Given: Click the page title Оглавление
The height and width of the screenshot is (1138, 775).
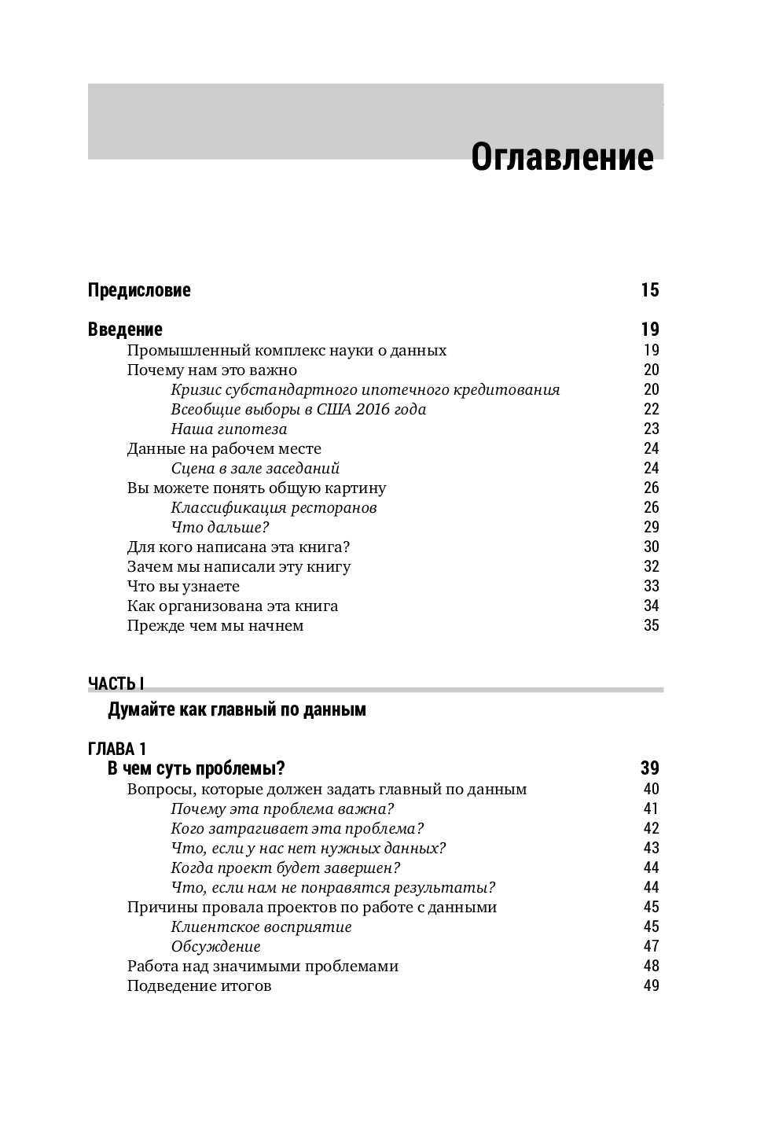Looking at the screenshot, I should tap(561, 157).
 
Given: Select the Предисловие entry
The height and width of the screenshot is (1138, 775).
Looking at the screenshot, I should tap(139, 290).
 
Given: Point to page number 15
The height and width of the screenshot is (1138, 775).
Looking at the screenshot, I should tap(649, 290).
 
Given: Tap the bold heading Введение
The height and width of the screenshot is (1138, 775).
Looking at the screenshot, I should tap(125, 330).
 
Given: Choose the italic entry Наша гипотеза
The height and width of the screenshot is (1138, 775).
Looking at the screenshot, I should tap(229, 429).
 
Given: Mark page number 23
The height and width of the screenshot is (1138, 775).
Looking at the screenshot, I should tap(651, 429).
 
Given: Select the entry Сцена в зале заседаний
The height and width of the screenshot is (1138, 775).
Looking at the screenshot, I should tap(255, 469).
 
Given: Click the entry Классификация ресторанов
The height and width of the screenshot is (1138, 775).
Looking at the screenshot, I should tap(274, 508).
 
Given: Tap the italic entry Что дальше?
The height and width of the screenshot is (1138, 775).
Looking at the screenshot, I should tap(220, 528).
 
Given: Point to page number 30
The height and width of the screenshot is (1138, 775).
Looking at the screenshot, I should tap(651, 547).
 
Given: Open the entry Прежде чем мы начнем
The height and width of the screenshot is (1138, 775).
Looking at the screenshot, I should tap(215, 626).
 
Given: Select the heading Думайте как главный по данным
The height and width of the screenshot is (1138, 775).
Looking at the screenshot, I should tap(237, 710).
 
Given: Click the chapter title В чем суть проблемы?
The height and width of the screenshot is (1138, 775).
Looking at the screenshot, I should tap(196, 768).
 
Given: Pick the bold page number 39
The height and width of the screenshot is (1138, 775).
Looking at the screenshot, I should tap(649, 768).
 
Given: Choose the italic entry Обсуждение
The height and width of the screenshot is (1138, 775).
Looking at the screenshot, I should tap(215, 947).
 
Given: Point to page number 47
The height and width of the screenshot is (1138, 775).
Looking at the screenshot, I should tap(651, 946).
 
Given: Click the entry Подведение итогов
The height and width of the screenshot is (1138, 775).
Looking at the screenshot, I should tap(199, 986).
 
